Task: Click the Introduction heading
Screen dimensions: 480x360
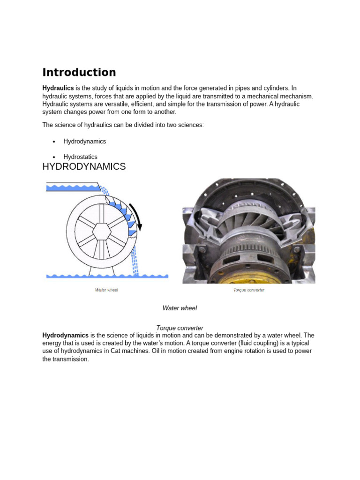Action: point(79,72)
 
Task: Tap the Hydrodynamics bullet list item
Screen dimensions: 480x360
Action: point(84,142)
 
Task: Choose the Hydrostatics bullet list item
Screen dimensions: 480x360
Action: point(80,157)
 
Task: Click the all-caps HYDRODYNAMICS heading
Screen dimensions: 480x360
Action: point(84,166)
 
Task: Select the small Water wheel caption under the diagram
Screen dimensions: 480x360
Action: point(106,290)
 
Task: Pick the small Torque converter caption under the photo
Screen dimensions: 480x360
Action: point(249,290)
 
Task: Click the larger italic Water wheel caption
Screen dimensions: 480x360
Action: point(180,308)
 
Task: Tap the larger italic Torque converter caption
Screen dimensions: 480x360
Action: point(180,328)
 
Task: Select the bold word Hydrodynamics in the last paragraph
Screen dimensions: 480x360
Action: point(65,336)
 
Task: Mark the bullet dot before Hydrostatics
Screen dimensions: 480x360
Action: point(54,157)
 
